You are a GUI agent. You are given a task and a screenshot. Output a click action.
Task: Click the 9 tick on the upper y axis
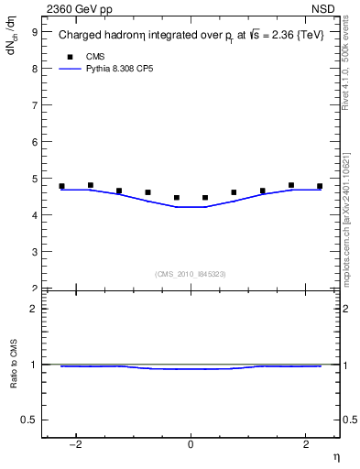coord(35,31)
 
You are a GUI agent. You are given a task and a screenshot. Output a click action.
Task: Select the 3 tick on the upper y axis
coord(35,251)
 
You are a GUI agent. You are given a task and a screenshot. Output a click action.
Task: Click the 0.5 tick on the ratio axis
coord(29,420)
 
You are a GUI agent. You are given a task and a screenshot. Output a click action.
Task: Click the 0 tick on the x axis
coord(190,444)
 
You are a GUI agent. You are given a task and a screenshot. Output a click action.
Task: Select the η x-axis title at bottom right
coord(335,456)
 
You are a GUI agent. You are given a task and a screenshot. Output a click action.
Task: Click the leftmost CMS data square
coord(62,186)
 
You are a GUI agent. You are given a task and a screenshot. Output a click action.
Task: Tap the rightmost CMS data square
coord(320,186)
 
